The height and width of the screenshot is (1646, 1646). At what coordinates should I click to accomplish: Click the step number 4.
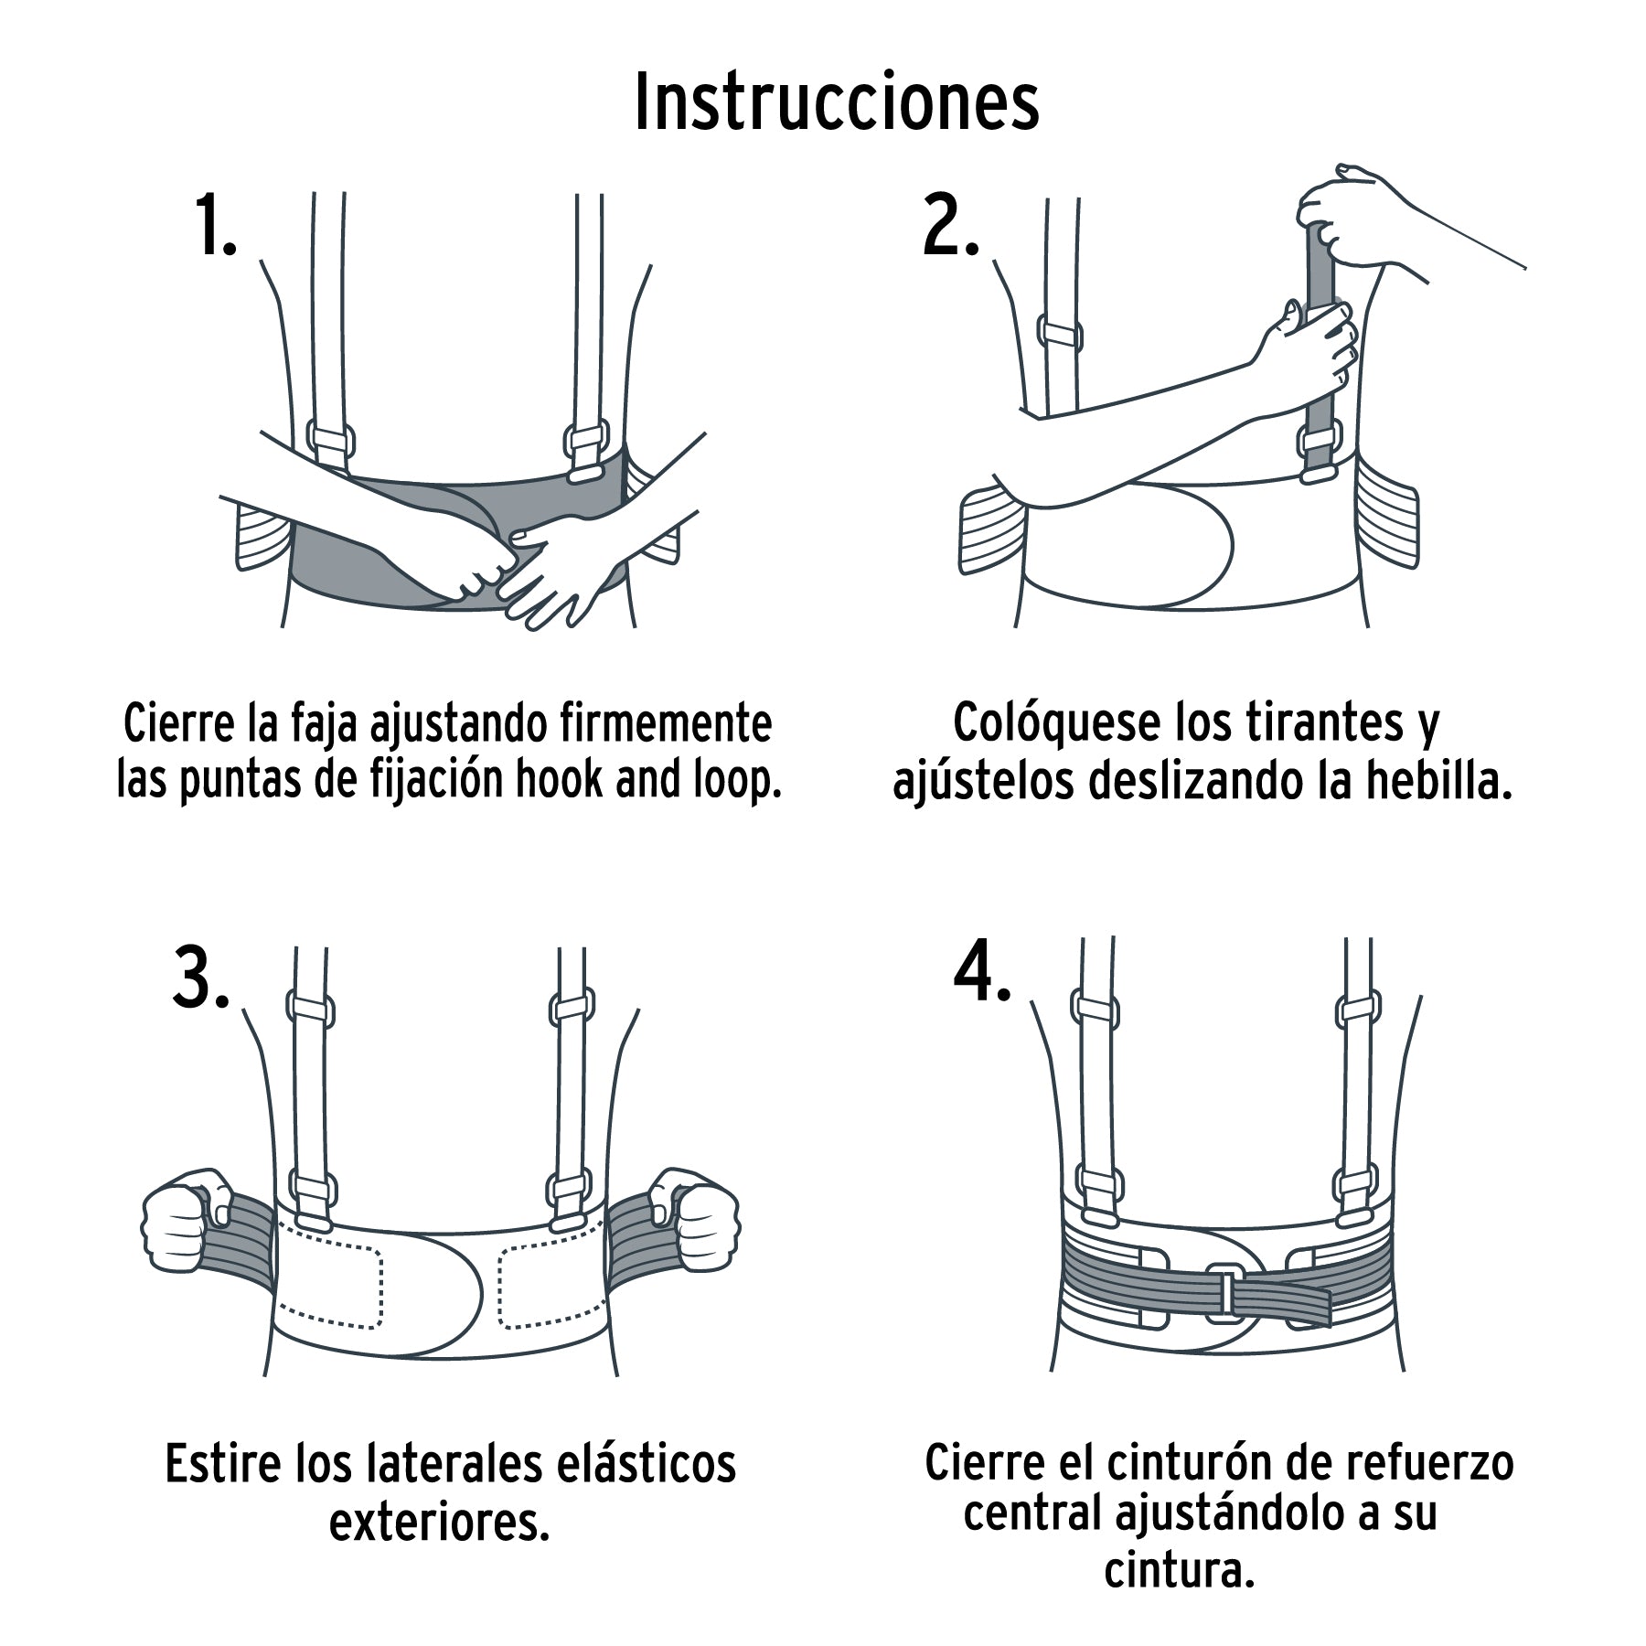pos(981,971)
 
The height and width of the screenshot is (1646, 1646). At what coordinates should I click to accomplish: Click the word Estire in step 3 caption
pos(223,1464)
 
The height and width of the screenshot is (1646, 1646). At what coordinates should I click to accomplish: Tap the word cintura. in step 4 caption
pos(1178,1571)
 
